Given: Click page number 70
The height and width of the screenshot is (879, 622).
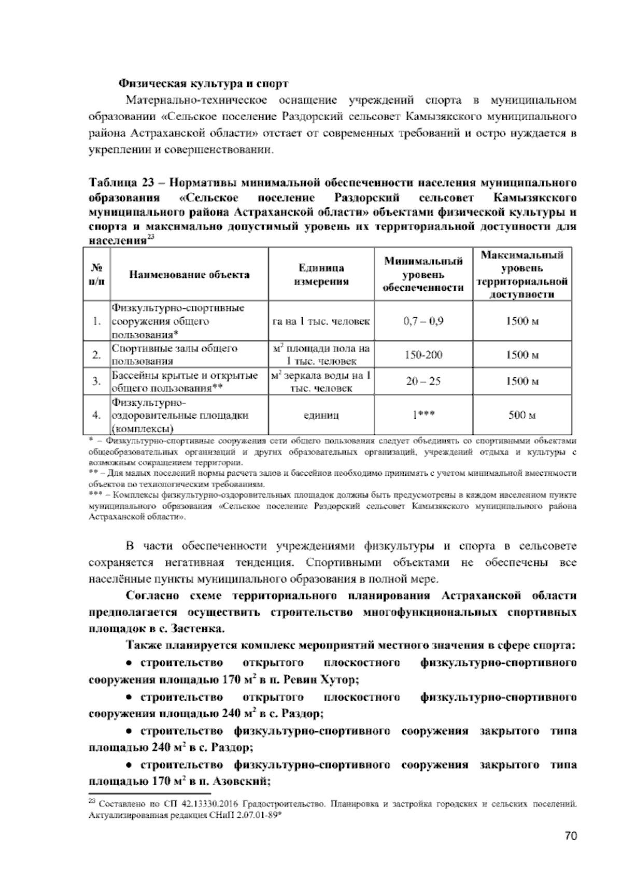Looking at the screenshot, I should coord(571,836).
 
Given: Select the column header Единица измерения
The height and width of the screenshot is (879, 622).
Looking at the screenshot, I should coord(321,275).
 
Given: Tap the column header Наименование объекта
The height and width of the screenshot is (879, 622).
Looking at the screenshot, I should coord(189,275).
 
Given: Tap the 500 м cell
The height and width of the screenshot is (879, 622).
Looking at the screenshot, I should coord(522,415).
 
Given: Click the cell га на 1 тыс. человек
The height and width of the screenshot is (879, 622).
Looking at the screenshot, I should coord(321,321).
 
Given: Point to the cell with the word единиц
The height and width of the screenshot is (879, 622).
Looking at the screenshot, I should coord(321,415).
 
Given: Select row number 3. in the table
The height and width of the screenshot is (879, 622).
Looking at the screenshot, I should coord(96,381).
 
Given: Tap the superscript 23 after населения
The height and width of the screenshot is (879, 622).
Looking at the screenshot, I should coord(150,237).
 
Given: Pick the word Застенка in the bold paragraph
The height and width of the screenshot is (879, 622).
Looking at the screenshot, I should coord(200,629).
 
